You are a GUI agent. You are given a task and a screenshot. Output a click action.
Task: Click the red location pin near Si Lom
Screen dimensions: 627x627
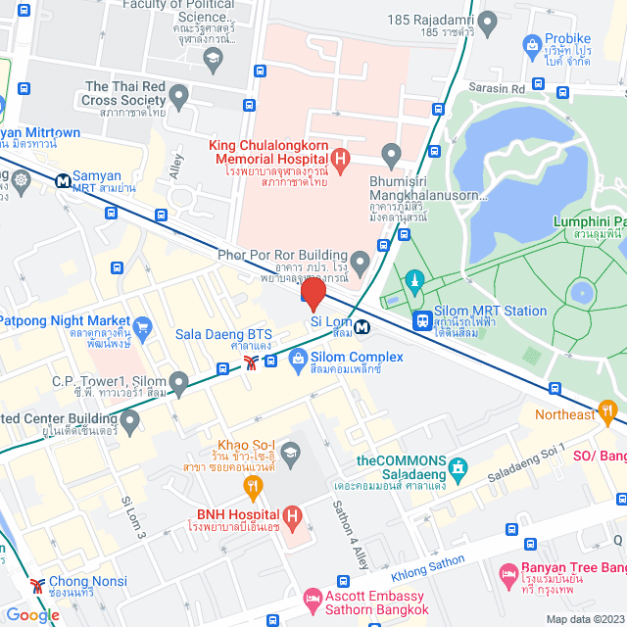click(313, 295)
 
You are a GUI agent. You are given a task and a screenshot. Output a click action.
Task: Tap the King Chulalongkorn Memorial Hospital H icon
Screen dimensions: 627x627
click(340, 156)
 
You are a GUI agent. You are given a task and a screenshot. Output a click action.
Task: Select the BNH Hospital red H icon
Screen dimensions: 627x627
click(291, 515)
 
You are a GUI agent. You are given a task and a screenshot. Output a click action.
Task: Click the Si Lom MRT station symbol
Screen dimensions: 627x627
click(362, 326)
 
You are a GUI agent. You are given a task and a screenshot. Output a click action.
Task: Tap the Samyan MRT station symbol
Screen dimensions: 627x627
click(63, 180)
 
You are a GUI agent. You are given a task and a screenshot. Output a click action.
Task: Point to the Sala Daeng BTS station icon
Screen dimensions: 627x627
click(252, 362)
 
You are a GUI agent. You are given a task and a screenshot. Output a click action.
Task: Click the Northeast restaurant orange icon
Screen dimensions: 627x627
click(607, 410)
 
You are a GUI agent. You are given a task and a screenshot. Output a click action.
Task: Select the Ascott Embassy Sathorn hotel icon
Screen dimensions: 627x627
click(312, 597)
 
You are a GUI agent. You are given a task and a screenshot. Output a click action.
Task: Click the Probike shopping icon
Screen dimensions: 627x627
click(532, 44)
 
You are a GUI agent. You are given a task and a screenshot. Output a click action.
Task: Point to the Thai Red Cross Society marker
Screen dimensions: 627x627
click(178, 96)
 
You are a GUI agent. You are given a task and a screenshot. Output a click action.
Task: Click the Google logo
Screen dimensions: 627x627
click(32, 615)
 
